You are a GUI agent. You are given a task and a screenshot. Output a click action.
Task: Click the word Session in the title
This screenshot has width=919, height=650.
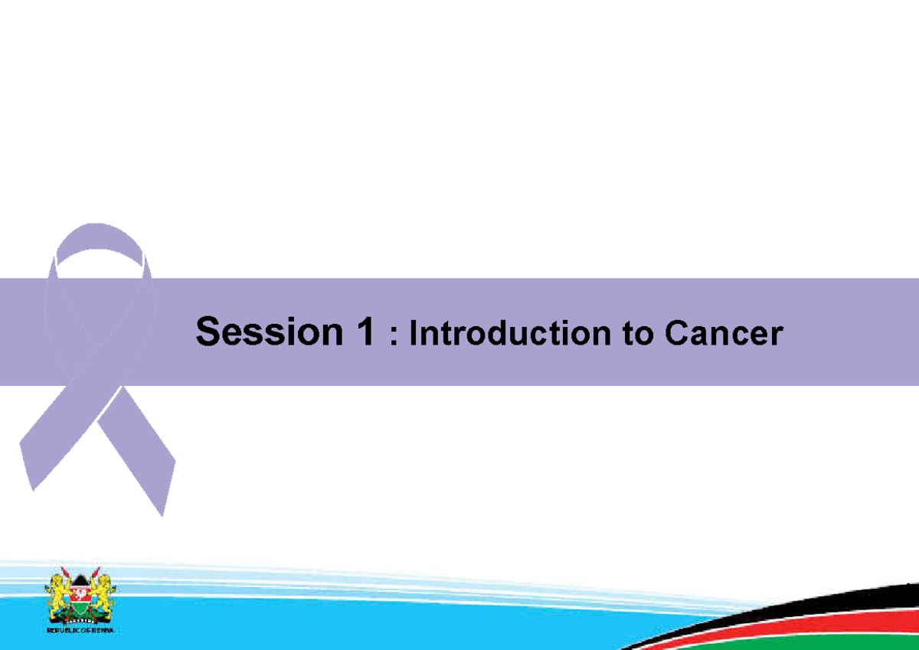264,332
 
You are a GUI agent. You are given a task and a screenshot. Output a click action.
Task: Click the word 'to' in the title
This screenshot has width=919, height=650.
634,335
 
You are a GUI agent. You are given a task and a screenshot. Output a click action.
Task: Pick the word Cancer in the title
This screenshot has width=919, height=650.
723,335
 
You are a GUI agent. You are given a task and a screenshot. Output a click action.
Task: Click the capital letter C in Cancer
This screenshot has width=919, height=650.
677,335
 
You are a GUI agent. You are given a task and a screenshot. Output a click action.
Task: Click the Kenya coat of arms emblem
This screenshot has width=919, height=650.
79,597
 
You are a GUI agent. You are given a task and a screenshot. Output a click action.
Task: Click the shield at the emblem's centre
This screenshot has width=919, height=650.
79,596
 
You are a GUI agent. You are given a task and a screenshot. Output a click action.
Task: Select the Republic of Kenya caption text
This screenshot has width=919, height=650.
79,631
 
